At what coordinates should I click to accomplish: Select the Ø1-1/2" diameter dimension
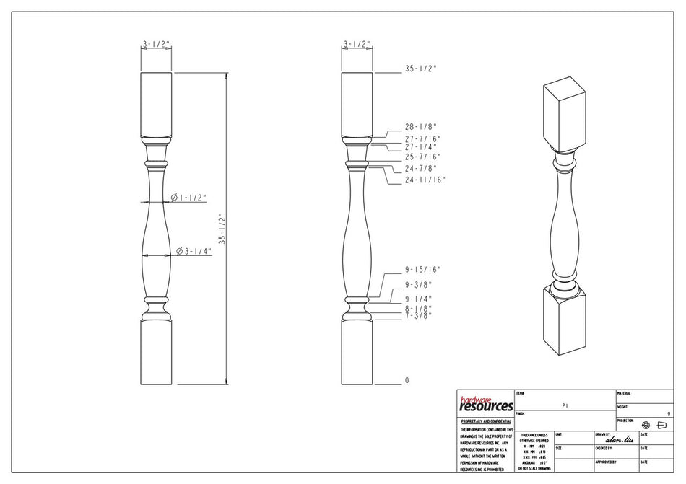(189, 197)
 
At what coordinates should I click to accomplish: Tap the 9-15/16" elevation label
(422, 269)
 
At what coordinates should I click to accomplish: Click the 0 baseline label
(407, 380)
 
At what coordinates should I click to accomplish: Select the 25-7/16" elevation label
(422, 156)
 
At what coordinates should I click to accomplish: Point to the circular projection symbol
(646, 426)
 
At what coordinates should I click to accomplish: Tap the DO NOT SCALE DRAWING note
(534, 468)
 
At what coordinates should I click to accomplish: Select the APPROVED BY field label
(605, 462)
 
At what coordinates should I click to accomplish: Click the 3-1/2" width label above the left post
(155, 45)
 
